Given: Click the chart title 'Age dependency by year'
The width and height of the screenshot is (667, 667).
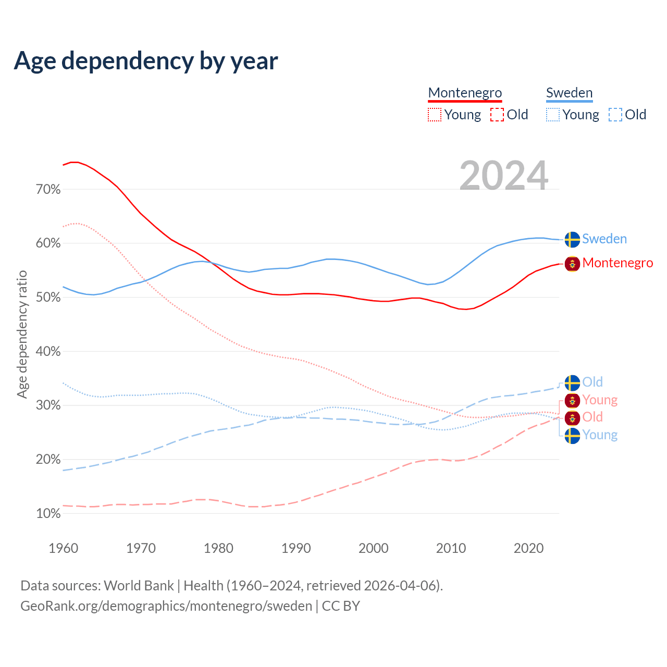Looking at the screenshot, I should [146, 61].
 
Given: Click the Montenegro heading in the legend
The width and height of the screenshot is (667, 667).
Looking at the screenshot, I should [465, 93].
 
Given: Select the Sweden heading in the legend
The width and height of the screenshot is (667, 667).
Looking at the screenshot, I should [569, 93].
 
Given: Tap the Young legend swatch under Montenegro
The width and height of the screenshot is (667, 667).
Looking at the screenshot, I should [434, 115].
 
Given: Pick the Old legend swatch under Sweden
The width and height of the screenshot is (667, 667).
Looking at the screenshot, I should [615, 115].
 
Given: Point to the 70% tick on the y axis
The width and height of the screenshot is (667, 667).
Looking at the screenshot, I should [48, 190].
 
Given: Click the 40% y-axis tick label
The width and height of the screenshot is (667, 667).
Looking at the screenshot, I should [48, 352].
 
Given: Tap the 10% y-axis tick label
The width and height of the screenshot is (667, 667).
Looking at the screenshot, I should [48, 514].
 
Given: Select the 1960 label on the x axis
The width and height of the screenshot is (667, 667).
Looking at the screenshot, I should [63, 548].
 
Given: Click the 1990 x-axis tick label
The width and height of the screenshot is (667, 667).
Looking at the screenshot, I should [296, 548].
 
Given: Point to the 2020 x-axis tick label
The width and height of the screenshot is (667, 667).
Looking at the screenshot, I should [528, 548].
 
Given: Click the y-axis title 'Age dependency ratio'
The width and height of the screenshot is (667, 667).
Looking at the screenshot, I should [22, 334].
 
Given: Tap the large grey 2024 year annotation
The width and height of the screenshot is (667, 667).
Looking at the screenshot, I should [503, 176].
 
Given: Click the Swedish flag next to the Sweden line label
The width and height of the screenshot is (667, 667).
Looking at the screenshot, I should [572, 239].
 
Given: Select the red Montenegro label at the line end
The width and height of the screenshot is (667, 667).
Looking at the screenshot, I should [617, 263].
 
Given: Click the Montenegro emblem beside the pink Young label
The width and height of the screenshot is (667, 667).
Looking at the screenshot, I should [572, 400].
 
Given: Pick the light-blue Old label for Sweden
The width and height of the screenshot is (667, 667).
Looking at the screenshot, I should [592, 382].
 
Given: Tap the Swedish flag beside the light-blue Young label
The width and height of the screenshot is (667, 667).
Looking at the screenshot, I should [572, 435].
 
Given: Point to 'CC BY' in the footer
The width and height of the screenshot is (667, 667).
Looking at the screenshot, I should [341, 606].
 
